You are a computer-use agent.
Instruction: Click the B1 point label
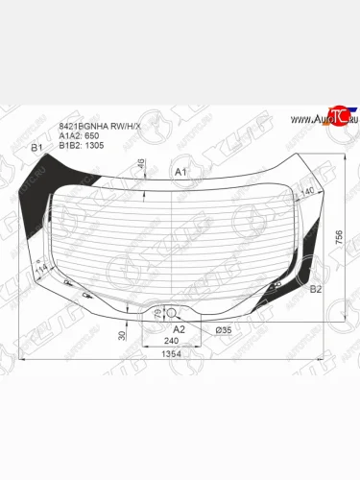(36, 148)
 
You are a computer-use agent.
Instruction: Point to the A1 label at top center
(179, 170)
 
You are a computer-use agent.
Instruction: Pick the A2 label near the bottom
(179, 328)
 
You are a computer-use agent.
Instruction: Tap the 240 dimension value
(172, 340)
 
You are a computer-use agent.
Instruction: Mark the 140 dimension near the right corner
(307, 192)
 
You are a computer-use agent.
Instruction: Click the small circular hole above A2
(172, 313)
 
